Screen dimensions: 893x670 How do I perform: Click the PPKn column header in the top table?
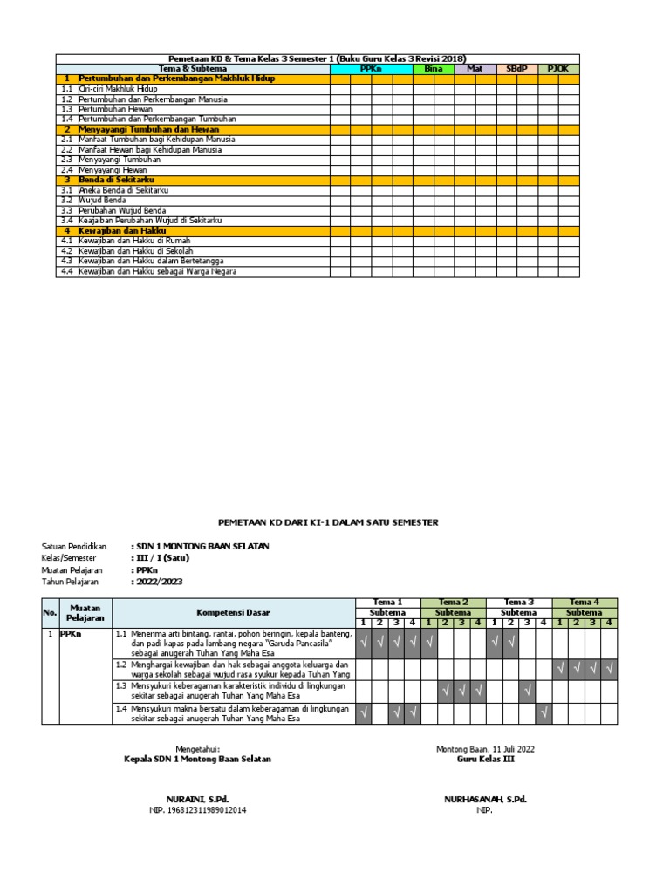coord(371,68)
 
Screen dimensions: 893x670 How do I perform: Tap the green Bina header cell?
coord(434,68)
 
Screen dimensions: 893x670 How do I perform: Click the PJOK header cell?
coord(558,68)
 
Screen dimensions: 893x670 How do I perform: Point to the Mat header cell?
coord(475,68)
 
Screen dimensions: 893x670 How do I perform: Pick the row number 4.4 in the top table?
coord(66,271)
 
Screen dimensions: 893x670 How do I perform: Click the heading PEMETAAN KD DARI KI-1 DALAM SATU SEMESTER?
coord(327,522)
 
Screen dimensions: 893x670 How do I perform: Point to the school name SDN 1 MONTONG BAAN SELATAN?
coord(200,546)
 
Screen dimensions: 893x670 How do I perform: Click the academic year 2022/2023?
coord(158,582)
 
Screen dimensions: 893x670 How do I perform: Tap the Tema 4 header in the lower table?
coord(585,602)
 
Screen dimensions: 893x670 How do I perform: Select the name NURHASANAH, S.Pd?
coord(485,799)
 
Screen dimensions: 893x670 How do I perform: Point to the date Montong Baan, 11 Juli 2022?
coord(485,748)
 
